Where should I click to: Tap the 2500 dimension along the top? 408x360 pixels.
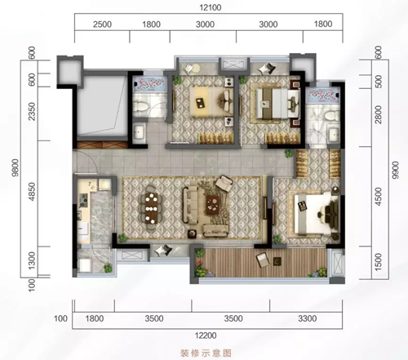pyautogui.click(x=101, y=25)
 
